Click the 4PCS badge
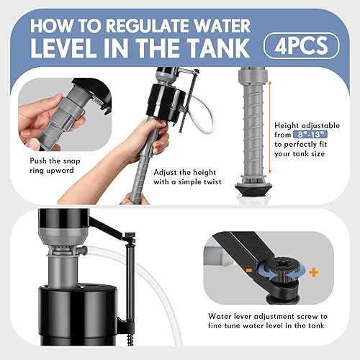pyautogui.click(x=301, y=45)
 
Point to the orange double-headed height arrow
pyautogui.click(x=271, y=130)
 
